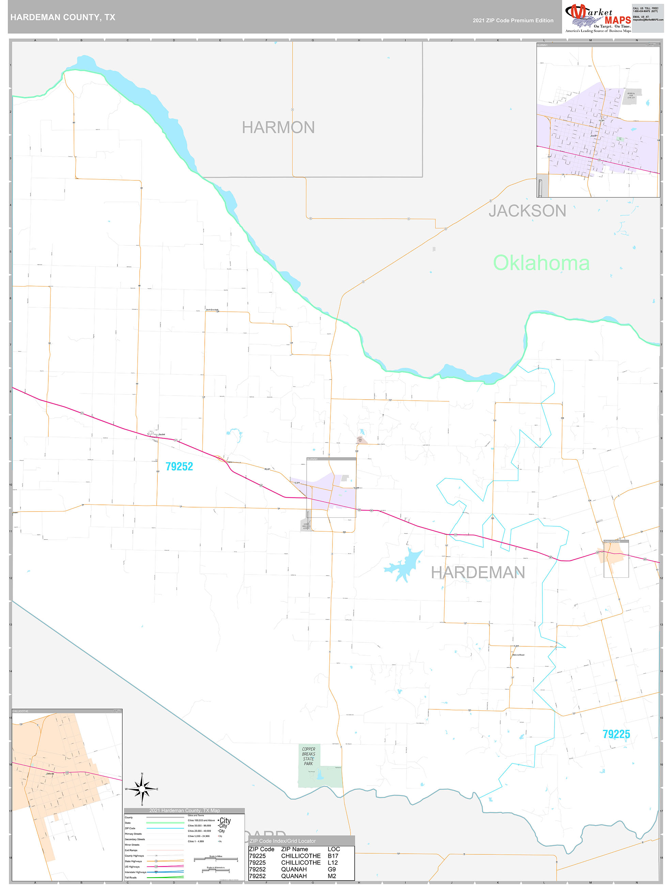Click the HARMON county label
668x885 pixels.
click(x=278, y=128)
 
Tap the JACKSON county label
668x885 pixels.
click(x=527, y=211)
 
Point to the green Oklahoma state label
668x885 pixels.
click(x=541, y=263)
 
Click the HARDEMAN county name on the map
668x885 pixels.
click(x=478, y=573)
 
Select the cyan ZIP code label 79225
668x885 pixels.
click(x=616, y=734)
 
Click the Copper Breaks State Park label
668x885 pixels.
click(x=308, y=756)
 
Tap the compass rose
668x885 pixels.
click(x=142, y=789)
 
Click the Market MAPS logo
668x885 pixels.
click(x=597, y=18)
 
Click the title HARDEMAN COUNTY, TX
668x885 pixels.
click(x=63, y=17)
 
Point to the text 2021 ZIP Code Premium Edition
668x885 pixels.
click(x=513, y=20)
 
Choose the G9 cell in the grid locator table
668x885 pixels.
click(x=331, y=869)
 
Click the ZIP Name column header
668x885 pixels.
click(x=294, y=849)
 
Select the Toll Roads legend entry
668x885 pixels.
click(x=130, y=878)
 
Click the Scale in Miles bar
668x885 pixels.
click(x=216, y=859)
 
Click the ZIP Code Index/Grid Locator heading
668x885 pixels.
click(x=282, y=841)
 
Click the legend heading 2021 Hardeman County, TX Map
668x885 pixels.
click(x=184, y=810)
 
